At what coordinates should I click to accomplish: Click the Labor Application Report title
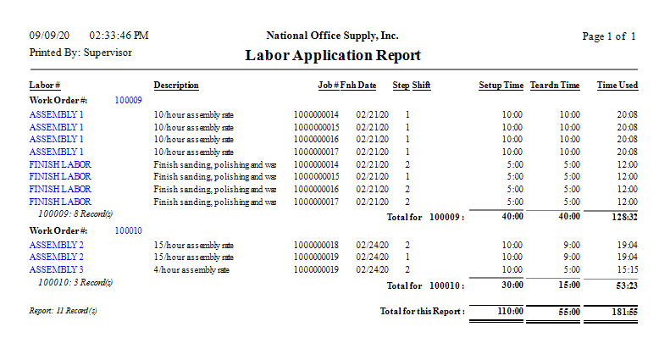(333, 56)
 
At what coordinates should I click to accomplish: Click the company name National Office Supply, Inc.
(332, 36)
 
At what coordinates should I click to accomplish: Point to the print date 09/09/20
(49, 36)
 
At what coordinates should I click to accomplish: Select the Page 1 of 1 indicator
(609, 36)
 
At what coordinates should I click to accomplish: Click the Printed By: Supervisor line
(80, 52)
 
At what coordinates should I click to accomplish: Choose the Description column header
(176, 86)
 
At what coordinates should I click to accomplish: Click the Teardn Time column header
(555, 86)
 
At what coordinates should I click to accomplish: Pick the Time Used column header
(617, 86)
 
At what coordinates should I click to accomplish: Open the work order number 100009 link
(128, 100)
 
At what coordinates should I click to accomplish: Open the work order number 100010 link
(128, 230)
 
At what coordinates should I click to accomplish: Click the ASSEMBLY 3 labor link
(56, 269)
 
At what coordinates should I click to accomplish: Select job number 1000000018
(316, 245)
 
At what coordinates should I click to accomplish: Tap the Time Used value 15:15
(627, 269)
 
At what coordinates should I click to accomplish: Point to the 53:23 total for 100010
(626, 286)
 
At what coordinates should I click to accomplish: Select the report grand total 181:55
(623, 312)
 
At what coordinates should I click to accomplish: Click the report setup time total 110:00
(508, 312)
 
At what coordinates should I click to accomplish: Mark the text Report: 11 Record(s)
(64, 311)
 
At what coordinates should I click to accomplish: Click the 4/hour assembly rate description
(193, 269)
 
